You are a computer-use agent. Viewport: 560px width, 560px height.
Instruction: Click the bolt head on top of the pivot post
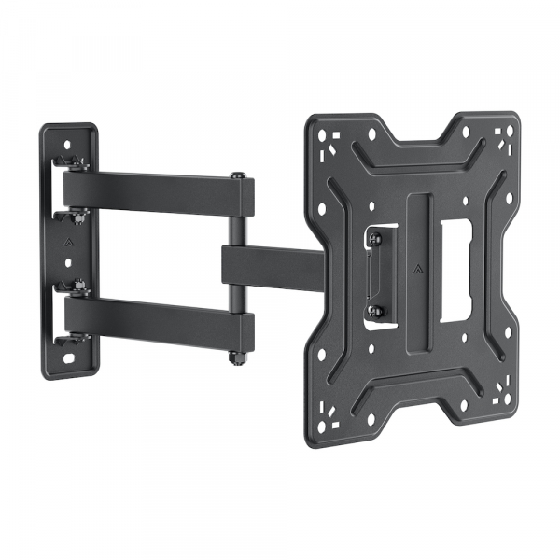pos(239,176)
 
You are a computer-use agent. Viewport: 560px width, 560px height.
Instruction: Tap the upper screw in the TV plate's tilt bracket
pos(377,241)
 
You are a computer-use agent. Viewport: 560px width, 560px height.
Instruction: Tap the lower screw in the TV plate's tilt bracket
pos(377,311)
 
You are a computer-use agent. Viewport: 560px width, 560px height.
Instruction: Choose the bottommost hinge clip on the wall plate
pos(74,338)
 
